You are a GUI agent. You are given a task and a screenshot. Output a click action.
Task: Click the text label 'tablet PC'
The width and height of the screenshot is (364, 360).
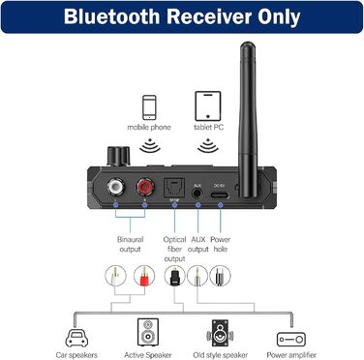click(x=207, y=127)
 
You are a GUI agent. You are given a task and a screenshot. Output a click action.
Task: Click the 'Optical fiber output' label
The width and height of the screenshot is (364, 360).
click(x=174, y=248)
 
